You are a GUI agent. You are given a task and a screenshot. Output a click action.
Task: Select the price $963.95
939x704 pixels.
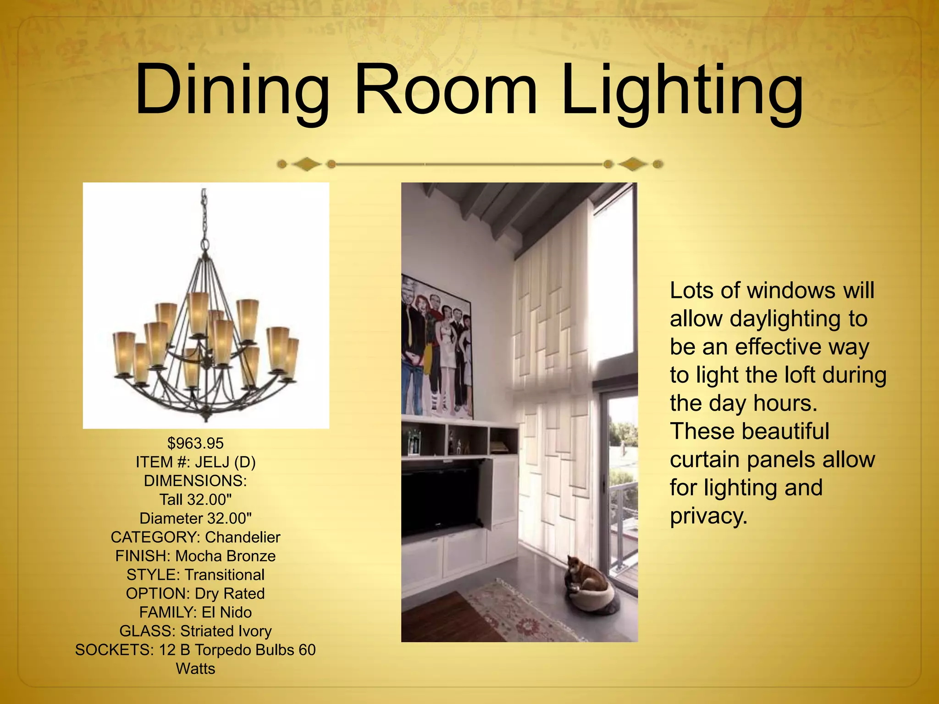[195, 443]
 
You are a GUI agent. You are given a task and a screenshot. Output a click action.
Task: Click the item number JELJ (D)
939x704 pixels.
[225, 462]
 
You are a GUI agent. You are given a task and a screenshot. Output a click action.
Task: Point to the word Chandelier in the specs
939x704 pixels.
[243, 537]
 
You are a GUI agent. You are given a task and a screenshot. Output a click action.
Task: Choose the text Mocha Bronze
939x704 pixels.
[226, 556]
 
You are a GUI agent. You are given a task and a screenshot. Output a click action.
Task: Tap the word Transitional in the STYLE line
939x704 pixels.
[225, 575]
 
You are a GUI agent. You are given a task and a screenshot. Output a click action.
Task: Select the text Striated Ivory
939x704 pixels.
[226, 631]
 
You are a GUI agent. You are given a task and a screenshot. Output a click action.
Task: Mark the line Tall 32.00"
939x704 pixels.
[195, 500]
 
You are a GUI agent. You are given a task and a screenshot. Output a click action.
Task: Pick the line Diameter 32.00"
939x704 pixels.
[195, 518]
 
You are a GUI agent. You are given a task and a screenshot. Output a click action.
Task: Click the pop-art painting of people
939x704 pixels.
[436, 348]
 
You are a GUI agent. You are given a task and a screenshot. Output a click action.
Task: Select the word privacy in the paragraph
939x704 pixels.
[708, 517]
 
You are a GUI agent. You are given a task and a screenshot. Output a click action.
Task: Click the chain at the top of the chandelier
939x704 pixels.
[204, 215]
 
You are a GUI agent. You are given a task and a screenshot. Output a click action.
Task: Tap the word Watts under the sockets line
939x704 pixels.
[195, 669]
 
